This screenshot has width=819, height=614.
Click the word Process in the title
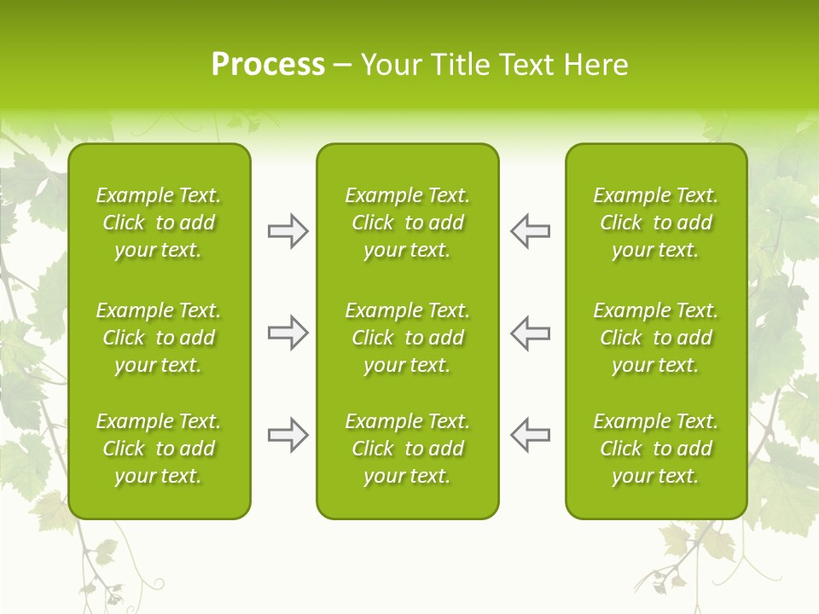[x=268, y=65]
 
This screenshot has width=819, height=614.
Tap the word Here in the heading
[x=595, y=65]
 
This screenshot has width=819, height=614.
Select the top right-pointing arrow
[x=288, y=231]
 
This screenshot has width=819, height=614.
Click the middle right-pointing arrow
[x=288, y=333]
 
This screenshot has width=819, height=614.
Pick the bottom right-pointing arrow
[x=288, y=435]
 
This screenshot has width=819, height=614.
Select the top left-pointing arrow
[x=530, y=231]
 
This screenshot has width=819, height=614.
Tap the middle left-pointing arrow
[x=530, y=333]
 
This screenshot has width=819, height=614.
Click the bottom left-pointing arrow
[x=530, y=435]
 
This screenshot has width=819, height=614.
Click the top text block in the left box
[x=159, y=223]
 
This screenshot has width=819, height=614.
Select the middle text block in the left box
[x=159, y=338]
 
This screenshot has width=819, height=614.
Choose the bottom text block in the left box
[x=159, y=449]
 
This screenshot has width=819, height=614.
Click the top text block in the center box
[x=407, y=223]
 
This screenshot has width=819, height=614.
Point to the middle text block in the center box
[x=407, y=338]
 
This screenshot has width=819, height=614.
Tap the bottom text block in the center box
[x=407, y=449]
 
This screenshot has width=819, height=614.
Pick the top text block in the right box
[x=655, y=223]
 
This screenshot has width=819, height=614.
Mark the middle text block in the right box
[x=655, y=338]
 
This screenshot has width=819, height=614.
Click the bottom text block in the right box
[x=655, y=449]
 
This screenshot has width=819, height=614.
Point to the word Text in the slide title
[x=526, y=65]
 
